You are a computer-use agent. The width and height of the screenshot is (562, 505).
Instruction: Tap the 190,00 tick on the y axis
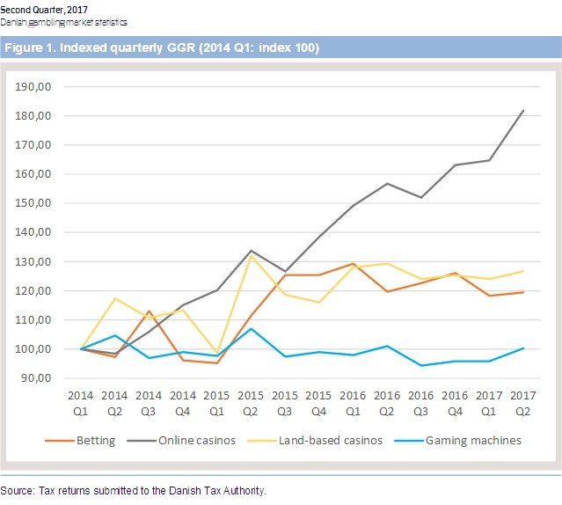coord(34,86)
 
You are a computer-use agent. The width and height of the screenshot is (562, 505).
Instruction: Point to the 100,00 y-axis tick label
coord(34,349)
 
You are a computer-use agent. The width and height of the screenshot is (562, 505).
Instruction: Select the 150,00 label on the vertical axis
coord(34,203)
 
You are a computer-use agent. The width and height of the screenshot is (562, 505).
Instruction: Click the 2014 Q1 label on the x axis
coord(81,403)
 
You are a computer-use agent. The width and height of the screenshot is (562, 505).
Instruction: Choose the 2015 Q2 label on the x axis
coord(252,403)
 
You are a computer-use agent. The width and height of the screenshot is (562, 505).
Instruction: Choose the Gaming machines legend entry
coord(472,440)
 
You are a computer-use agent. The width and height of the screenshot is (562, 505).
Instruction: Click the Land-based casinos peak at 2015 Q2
coord(252,255)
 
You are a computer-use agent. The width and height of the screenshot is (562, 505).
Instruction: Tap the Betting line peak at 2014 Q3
coord(150,311)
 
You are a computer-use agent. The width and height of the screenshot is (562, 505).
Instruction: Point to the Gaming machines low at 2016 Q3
coord(422,365)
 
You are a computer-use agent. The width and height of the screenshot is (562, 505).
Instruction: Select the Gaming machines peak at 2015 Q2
coord(252,328)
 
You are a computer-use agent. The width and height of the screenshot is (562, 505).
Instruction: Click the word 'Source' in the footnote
coord(17,490)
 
